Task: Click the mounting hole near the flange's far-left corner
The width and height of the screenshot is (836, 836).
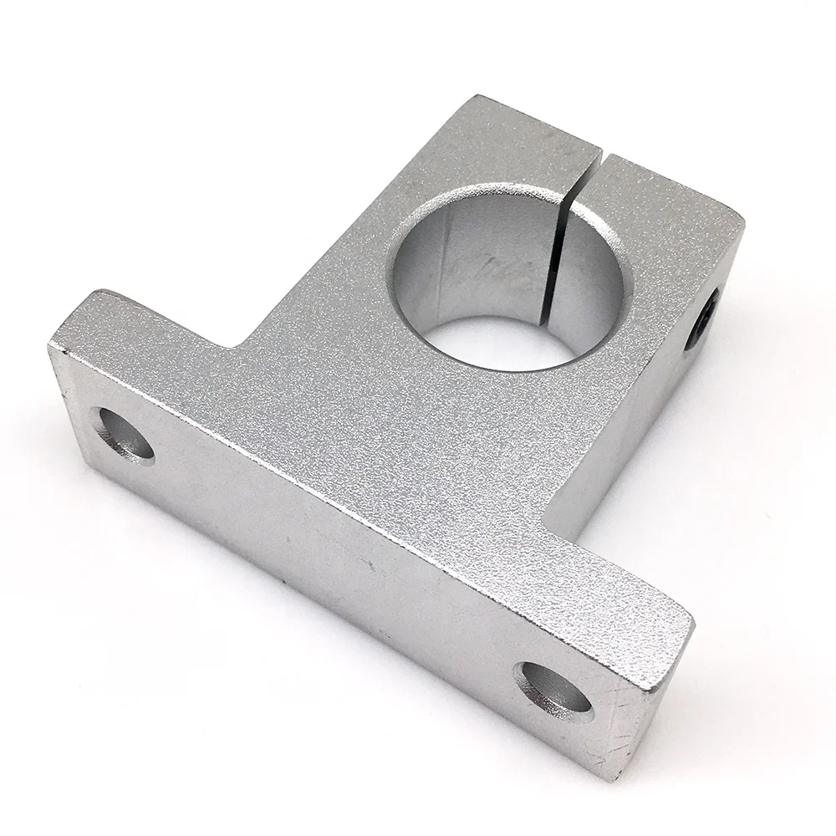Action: point(123,432)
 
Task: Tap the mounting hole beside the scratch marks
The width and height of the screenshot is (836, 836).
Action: point(553,690)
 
